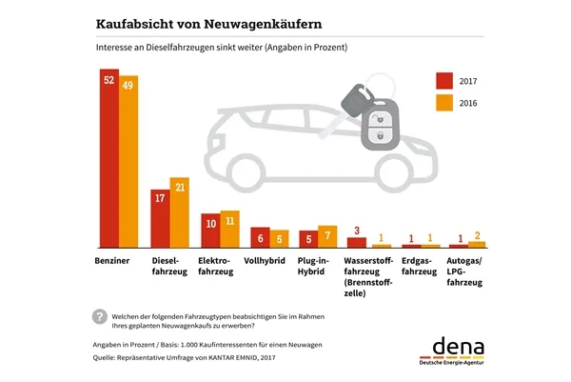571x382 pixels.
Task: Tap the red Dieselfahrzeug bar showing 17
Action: (159, 219)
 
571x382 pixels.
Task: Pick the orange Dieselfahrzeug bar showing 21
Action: (179, 213)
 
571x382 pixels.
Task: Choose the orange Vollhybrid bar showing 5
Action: (279, 238)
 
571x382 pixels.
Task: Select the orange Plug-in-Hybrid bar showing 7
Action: (328, 236)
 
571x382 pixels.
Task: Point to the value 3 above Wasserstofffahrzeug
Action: (355, 230)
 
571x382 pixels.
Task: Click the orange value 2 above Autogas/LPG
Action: (479, 234)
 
